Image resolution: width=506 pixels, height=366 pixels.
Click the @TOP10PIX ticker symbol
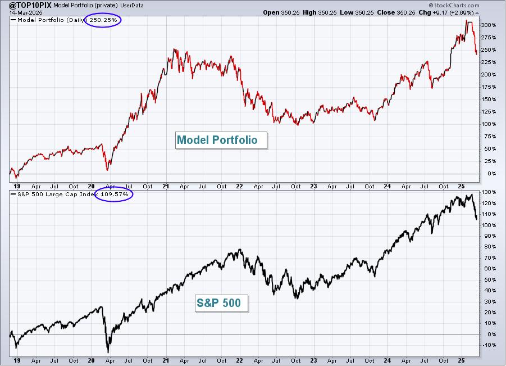tap(30, 5)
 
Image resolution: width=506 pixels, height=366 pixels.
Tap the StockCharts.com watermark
tap(454, 5)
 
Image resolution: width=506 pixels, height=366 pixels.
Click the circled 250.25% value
tap(103, 20)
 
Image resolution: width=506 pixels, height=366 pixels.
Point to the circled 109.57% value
tap(114, 194)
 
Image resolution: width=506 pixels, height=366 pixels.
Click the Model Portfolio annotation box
tap(221, 140)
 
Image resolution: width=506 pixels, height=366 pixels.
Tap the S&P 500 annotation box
tap(221, 303)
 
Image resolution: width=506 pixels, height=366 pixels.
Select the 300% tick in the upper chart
tap(489, 25)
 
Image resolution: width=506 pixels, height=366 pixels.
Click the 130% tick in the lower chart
tap(489, 192)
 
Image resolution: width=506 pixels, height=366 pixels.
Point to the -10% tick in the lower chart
tap(489, 345)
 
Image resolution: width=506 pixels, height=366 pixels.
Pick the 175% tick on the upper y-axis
tap(489, 87)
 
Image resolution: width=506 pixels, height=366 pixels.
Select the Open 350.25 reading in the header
tap(281, 12)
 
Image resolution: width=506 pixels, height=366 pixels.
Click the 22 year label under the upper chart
tap(239, 187)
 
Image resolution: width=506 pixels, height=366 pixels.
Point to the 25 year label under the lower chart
tap(462, 360)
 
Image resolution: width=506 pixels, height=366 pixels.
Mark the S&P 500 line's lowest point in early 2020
tap(108, 352)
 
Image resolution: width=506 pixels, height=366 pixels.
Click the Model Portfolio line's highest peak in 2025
tap(466, 20)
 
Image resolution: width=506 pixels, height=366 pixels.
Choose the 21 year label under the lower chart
tap(166, 360)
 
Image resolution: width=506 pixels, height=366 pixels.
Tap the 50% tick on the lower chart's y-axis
tap(490, 280)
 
